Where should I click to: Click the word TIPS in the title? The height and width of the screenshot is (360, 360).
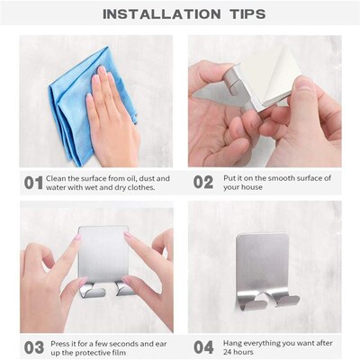(x=238, y=13)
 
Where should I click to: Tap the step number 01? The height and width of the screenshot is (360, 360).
(x=32, y=183)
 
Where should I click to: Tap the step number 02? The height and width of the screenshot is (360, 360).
(x=203, y=183)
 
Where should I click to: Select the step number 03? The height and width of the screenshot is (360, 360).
(x=32, y=347)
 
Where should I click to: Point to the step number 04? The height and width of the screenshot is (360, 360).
(x=203, y=347)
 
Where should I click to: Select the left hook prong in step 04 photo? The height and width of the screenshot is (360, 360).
(x=255, y=301)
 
